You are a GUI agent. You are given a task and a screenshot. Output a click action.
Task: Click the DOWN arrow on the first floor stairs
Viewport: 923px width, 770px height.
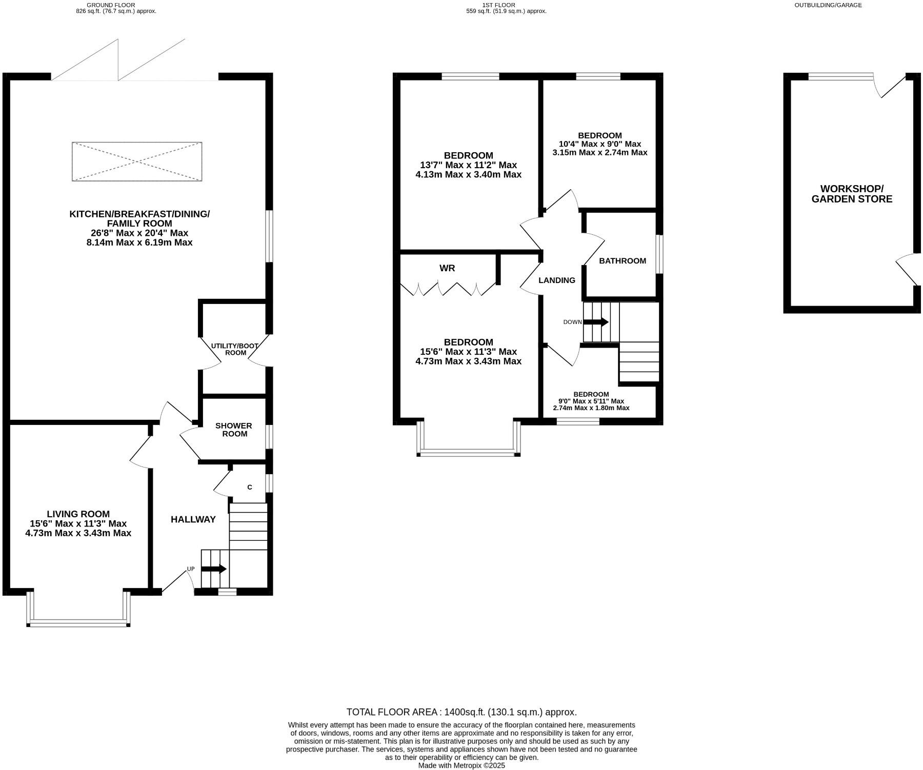(x=596, y=322)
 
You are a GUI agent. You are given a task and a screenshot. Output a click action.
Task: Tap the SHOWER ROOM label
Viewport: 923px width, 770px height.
(x=233, y=430)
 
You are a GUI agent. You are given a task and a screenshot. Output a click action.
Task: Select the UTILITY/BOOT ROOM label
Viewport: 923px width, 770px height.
(x=235, y=349)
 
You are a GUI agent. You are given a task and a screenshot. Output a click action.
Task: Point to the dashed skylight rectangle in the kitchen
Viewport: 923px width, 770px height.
(x=137, y=161)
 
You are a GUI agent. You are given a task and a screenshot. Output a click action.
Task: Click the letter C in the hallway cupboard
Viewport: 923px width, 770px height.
(x=250, y=487)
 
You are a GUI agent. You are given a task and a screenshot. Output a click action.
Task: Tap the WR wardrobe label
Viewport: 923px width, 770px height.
(x=447, y=268)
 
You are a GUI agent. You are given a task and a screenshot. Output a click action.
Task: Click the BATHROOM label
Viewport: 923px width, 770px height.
(x=623, y=261)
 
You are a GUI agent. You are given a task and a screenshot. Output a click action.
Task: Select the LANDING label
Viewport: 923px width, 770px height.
(x=557, y=280)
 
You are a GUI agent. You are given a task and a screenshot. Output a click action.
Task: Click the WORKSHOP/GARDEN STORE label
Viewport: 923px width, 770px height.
(x=852, y=194)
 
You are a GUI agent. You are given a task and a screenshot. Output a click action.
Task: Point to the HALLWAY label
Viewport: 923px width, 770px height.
(x=193, y=519)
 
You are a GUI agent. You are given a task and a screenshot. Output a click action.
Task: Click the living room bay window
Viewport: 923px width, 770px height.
(x=78, y=623)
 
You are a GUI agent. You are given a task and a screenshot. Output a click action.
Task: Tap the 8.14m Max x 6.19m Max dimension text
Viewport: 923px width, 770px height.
(x=139, y=242)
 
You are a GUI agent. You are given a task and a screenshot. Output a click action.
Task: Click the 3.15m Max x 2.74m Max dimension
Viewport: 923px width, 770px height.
(x=600, y=152)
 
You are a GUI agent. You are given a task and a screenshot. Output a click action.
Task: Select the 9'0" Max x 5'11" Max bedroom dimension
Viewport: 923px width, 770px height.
(x=591, y=401)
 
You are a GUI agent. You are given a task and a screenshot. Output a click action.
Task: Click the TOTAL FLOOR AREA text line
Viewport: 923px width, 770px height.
(x=461, y=712)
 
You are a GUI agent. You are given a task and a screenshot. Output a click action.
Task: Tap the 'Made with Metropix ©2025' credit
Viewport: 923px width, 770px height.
(x=461, y=765)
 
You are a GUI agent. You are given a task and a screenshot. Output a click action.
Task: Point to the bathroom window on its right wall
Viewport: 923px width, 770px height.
(x=659, y=254)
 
